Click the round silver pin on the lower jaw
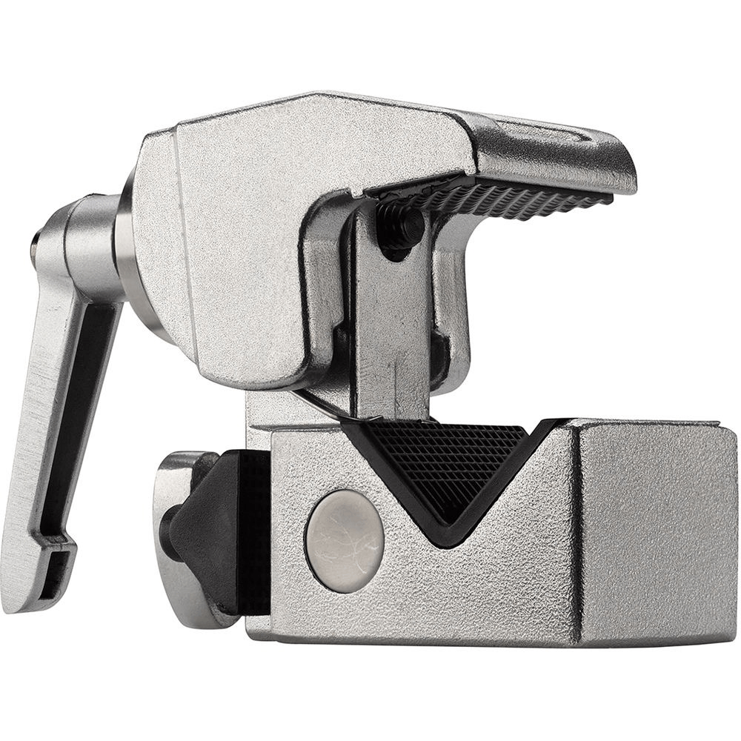(x=344, y=531)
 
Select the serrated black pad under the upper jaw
(x=504, y=194)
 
